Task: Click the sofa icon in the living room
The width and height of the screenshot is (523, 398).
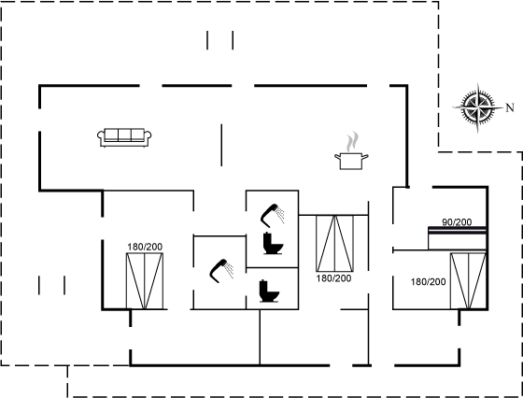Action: (x=124, y=137)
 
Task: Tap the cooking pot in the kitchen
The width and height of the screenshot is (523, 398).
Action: (x=351, y=161)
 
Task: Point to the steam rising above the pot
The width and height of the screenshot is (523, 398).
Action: (x=352, y=141)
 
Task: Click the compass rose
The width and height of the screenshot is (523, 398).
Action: (x=478, y=107)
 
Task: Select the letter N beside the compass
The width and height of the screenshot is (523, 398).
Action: (x=510, y=107)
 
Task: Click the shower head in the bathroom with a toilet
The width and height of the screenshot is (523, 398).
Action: (x=272, y=215)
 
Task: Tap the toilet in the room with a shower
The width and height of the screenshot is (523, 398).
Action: (x=273, y=243)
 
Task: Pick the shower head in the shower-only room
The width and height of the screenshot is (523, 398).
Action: (x=221, y=271)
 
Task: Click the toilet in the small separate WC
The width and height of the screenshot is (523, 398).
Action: (x=269, y=291)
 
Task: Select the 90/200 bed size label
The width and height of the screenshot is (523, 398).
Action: (x=457, y=222)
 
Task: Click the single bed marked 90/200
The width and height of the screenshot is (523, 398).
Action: (x=457, y=238)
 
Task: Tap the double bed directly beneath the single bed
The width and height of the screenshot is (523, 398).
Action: (x=468, y=281)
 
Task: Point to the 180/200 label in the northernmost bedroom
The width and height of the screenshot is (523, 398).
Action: (x=429, y=282)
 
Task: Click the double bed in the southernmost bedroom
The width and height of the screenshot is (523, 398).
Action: (x=145, y=281)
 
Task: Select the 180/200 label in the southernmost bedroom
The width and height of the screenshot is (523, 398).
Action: (x=145, y=247)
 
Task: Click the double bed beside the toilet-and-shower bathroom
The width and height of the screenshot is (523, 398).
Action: (x=334, y=243)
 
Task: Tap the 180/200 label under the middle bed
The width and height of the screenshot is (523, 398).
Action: (x=333, y=278)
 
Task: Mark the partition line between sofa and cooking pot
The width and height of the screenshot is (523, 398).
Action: (x=221, y=145)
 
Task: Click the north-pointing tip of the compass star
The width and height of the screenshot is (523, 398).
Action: (x=503, y=107)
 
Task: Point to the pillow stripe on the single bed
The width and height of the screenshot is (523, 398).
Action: (x=457, y=230)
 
